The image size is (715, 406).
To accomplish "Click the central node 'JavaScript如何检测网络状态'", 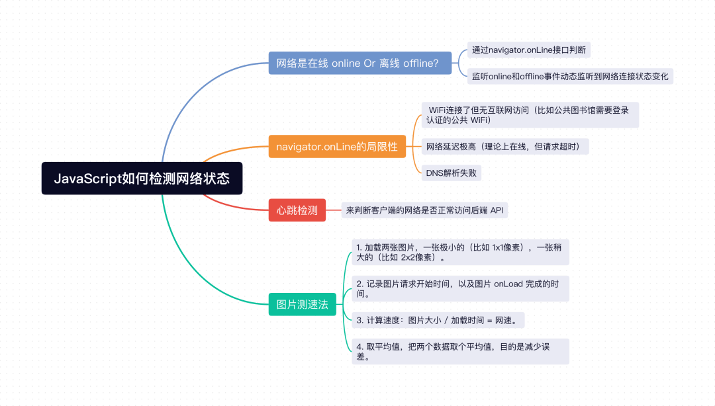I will (142, 179).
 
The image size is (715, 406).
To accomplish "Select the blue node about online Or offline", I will (360, 64).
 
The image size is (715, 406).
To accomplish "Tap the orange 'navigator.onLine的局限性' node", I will (337, 146).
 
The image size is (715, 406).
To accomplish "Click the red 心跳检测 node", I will (297, 210).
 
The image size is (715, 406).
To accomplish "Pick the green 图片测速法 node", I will (302, 304).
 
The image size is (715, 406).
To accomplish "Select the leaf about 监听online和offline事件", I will (570, 76).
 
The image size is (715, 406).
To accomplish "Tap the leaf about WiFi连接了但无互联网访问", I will (530, 114).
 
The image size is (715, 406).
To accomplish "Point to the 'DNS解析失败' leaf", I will (452, 173).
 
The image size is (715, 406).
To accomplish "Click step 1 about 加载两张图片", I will (460, 252).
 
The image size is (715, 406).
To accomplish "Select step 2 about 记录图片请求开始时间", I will (460, 288).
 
